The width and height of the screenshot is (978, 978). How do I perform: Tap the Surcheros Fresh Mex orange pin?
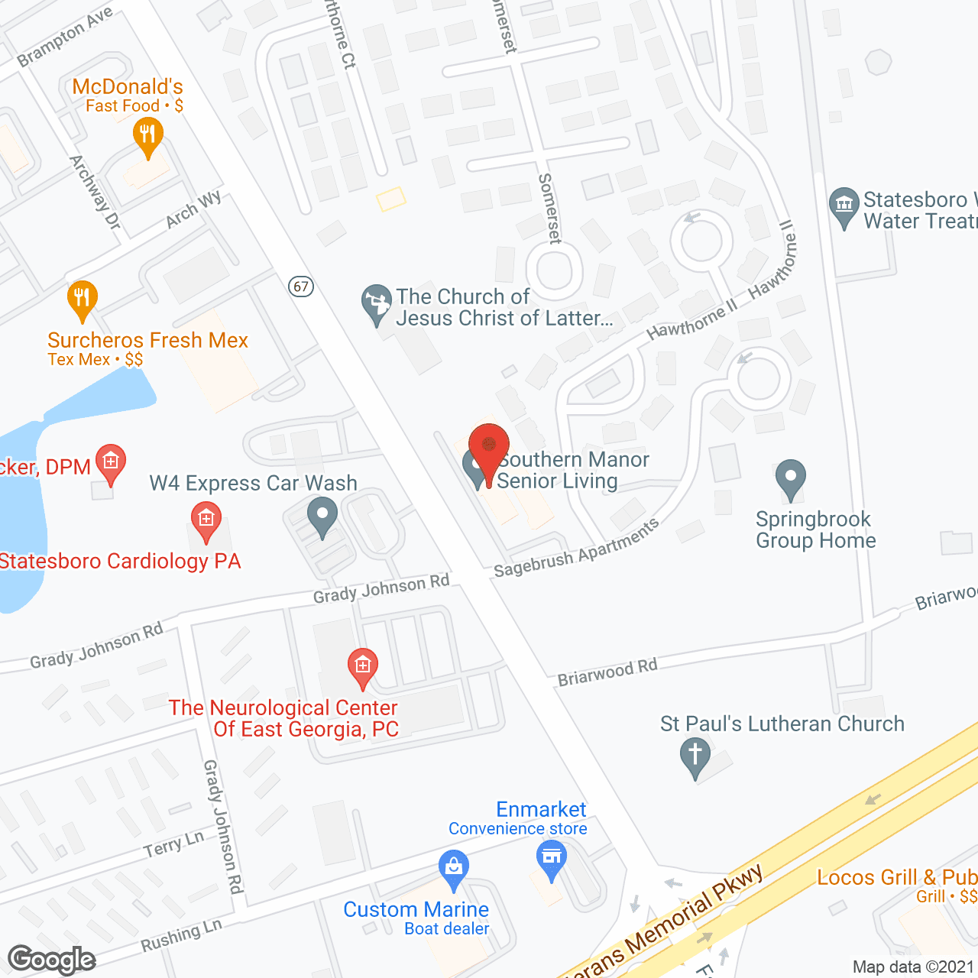(x=82, y=299)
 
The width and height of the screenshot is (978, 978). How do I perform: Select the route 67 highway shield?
(x=302, y=287)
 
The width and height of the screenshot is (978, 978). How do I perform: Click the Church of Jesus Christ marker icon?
(x=376, y=303)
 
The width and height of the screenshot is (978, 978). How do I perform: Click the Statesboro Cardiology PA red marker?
(x=206, y=521)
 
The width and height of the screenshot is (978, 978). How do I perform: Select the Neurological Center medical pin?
(x=362, y=667)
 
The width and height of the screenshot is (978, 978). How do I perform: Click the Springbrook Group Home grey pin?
(x=790, y=478)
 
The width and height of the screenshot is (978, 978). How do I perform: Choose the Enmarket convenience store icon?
(x=551, y=858)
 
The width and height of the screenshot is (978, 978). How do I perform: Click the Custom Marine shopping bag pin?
(x=454, y=868)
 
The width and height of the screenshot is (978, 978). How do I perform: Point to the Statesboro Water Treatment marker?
(x=844, y=206)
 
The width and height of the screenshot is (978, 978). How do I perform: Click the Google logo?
(x=52, y=960)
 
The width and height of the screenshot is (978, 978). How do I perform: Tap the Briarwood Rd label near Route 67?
(x=607, y=672)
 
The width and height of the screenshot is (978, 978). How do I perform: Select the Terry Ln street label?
(x=174, y=844)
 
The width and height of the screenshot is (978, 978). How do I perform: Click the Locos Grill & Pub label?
(x=896, y=877)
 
